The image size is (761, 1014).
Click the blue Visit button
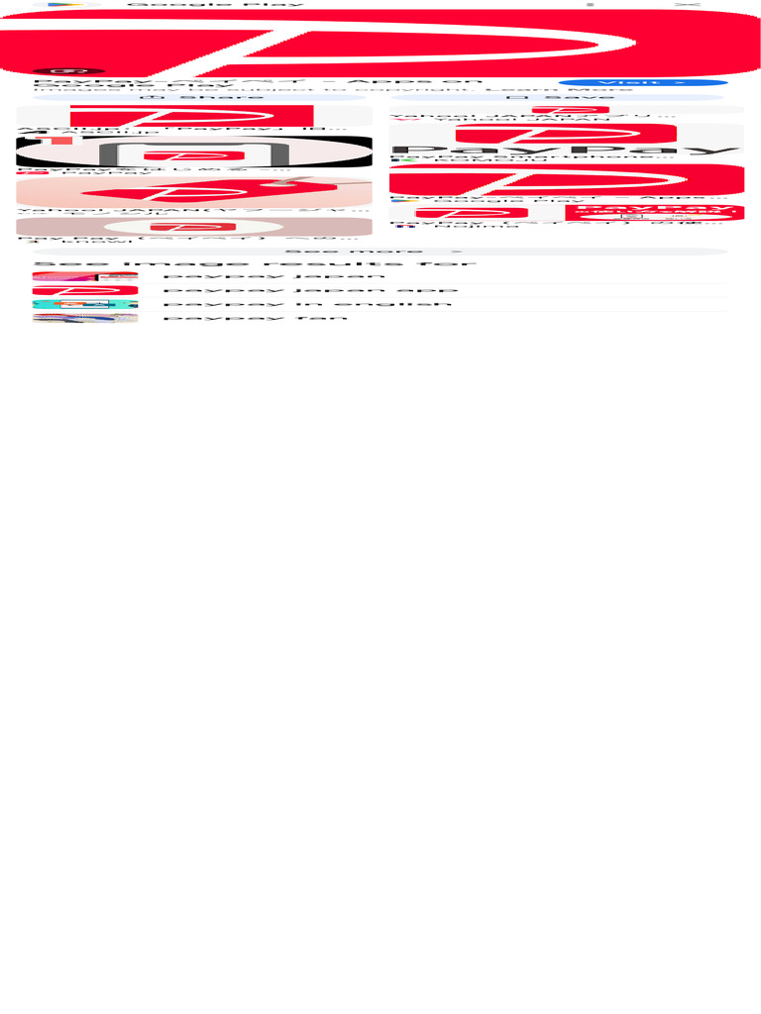pyautogui.click(x=642, y=82)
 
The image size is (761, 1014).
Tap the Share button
pyautogui.click(x=193, y=97)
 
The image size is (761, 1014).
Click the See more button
pyautogui.click(x=380, y=252)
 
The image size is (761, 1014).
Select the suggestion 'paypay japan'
pyautogui.click(x=273, y=276)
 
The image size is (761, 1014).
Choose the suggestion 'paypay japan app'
pyautogui.click(x=310, y=291)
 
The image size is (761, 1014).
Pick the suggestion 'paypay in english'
pyautogui.click(x=307, y=304)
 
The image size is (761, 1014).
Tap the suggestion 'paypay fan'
pyautogui.click(x=256, y=318)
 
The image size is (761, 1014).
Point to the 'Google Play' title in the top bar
pyautogui.click(x=215, y=5)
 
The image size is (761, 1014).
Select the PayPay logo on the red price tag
pyautogui.click(x=194, y=192)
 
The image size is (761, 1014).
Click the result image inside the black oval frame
pyautogui.click(x=194, y=153)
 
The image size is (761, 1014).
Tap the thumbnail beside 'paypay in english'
pyautogui.click(x=84, y=304)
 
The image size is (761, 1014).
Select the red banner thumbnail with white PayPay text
pyautogui.click(x=653, y=212)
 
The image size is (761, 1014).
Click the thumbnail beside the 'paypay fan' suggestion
pyautogui.click(x=84, y=318)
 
